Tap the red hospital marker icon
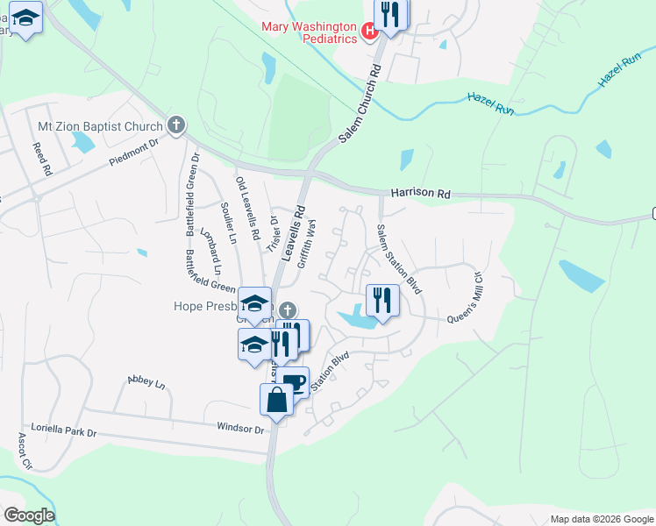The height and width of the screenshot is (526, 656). click(369, 32)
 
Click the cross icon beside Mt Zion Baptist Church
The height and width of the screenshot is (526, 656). click(176, 125)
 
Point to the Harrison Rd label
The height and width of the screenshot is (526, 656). click(420, 193)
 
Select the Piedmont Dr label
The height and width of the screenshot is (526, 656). click(133, 151)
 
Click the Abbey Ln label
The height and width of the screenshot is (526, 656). click(146, 382)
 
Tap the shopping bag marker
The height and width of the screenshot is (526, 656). click(276, 400)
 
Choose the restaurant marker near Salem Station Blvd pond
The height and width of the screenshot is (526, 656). click(382, 301)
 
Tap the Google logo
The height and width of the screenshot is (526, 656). click(29, 515)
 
